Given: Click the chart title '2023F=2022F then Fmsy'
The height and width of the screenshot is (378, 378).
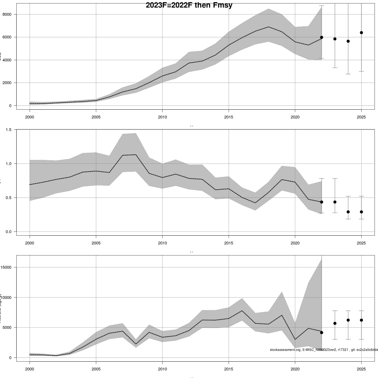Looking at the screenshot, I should (x=189, y=5).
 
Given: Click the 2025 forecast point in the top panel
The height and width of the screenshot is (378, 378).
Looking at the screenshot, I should (x=361, y=33).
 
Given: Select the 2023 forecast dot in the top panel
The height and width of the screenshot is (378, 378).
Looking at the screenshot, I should (x=335, y=39).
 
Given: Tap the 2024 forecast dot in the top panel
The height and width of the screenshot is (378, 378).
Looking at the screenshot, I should (x=348, y=41).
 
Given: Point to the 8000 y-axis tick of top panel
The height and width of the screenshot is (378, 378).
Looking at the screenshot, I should (x=7, y=14).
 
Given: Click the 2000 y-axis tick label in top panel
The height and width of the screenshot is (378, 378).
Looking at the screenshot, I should (x=7, y=83).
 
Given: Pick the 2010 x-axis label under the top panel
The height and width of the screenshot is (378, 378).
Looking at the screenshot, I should (x=162, y=117).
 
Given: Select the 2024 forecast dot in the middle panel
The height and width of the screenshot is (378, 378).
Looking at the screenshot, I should (x=348, y=212).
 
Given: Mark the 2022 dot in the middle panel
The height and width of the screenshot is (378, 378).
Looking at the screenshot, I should (x=322, y=202).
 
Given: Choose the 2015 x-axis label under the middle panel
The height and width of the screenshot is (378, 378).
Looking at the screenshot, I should (x=229, y=243).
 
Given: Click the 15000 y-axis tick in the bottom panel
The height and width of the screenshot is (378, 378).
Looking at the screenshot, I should (x=6, y=267).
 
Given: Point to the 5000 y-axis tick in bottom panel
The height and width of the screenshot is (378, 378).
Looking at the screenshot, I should (x=7, y=328).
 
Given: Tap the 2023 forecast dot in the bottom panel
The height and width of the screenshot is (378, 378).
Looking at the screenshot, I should (x=335, y=324).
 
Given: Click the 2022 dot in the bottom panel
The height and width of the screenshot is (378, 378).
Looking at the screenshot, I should (x=322, y=333).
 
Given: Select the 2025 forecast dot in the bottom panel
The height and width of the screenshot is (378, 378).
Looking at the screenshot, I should (x=361, y=320).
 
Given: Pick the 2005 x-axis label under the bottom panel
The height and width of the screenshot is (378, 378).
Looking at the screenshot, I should (x=96, y=369).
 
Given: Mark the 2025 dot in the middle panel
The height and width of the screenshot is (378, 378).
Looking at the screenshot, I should (x=361, y=212).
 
